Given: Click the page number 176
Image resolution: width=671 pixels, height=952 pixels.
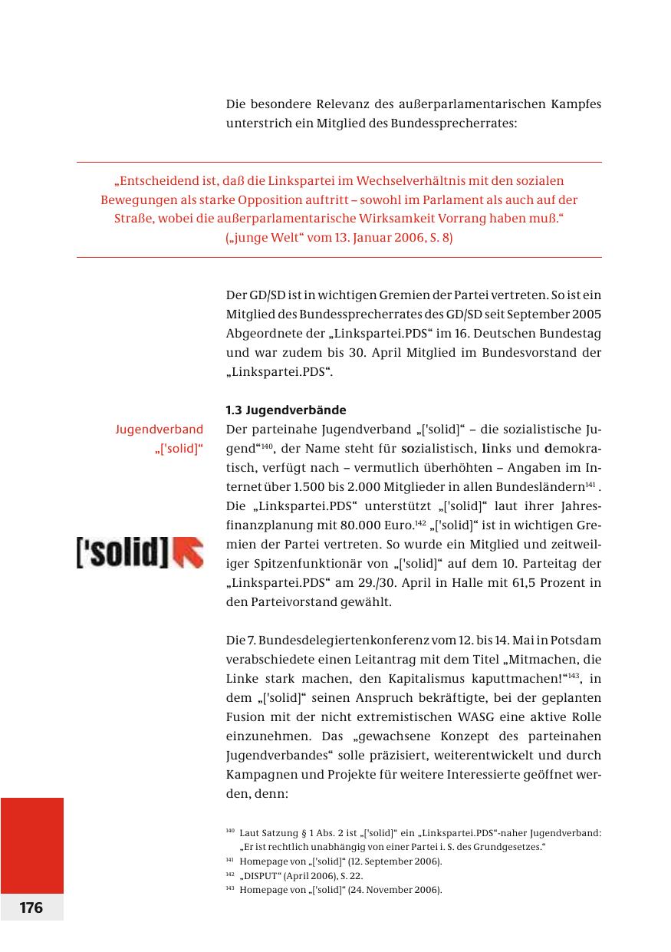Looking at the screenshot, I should coord(31,908).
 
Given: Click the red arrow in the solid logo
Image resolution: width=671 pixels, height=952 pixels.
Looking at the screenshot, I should coord(189,552).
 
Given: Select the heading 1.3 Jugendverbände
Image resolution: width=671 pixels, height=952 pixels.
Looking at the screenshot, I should coord(286,410).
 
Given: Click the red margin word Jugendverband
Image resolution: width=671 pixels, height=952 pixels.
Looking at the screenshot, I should coord(159,429).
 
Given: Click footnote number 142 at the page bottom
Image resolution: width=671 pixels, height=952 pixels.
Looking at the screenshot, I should coord(229,874).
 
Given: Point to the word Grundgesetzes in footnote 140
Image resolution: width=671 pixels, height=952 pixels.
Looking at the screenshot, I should coord(471,846).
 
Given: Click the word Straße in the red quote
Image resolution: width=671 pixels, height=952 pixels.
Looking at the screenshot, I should coord(117,219).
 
